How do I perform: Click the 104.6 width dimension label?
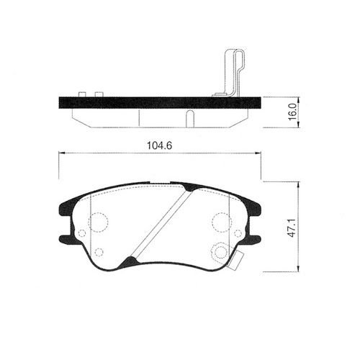coord(159,145)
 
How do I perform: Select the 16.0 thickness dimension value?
coord(292,112)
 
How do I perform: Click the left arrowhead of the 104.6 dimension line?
coord(62,153)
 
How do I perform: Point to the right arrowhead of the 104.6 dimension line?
coord(258,153)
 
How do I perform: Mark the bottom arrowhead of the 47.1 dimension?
coord(298,269)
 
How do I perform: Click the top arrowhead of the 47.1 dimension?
coord(298,185)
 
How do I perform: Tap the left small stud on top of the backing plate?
coord(82,94)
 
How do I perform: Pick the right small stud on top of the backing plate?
coord(99,94)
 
